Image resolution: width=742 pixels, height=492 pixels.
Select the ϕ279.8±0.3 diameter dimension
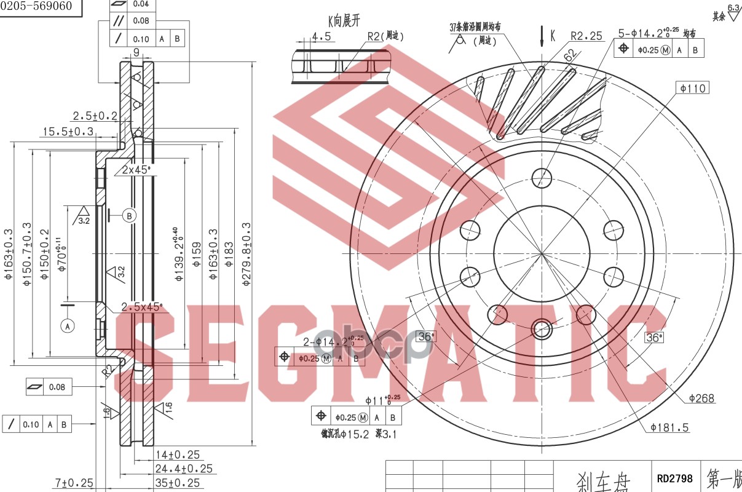(x=247, y=255)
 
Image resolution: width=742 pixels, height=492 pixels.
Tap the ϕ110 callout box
(x=693, y=88)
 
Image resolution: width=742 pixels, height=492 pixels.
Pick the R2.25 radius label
(x=586, y=36)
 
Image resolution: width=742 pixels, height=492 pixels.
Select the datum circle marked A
(x=68, y=326)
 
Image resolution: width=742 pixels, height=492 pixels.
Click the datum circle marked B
(x=129, y=215)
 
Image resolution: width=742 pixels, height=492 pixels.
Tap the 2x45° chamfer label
(x=136, y=170)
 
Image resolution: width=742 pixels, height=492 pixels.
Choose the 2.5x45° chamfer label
(x=142, y=306)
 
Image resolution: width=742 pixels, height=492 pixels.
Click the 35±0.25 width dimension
(x=178, y=483)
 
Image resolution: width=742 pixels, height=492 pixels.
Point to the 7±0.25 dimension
(x=74, y=483)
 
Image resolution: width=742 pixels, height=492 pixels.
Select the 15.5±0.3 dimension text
(x=68, y=131)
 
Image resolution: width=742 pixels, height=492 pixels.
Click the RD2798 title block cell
(x=674, y=478)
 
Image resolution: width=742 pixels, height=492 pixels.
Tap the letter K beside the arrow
(x=552, y=36)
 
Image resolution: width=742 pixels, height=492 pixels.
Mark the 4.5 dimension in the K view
(x=321, y=37)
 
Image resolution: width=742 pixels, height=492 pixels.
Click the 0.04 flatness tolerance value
(x=141, y=4)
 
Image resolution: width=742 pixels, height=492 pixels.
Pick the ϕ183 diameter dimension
(x=229, y=255)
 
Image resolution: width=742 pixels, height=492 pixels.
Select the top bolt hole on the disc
(x=542, y=177)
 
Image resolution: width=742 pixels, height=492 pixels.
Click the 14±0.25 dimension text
(x=178, y=455)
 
